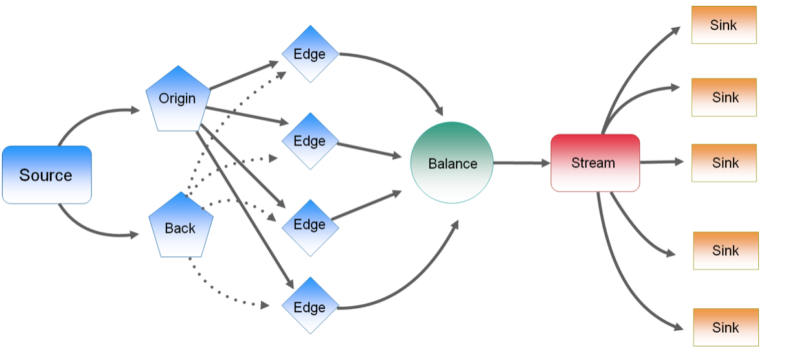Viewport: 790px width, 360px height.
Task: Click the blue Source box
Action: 47,175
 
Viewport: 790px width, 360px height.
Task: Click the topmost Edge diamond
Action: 310,54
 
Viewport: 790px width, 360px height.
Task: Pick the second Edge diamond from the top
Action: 310,141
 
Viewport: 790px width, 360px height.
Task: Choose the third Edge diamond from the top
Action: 310,228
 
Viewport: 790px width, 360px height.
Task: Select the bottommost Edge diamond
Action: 310,306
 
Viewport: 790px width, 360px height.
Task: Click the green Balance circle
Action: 452,163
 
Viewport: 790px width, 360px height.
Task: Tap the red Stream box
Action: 595,163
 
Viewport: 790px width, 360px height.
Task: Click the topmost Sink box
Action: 724,25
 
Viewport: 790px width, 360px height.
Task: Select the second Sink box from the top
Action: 724,97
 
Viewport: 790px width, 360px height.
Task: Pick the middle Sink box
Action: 724,163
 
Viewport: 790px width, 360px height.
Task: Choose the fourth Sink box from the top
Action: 726,251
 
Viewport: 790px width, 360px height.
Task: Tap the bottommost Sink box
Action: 726,327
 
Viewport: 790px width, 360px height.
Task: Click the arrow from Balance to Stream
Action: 522,163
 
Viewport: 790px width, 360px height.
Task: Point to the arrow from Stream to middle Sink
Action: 662,162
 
